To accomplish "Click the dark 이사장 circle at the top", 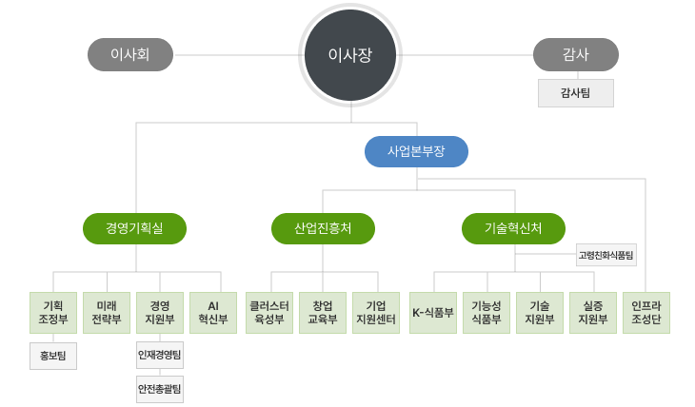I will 349,55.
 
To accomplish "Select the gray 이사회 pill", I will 130,55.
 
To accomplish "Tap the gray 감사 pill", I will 576,55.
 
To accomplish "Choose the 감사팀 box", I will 576,93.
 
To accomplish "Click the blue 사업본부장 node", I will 417,151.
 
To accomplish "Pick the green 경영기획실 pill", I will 134,228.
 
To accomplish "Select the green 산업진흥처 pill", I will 323,228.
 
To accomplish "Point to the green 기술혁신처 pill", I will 513,228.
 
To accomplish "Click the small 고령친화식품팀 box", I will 606,255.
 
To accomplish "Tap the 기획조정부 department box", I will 53,312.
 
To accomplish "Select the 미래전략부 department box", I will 107,312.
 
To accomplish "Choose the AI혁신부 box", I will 213,312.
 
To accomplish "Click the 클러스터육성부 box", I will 268,312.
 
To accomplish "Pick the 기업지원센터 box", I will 376,312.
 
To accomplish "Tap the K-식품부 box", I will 433,312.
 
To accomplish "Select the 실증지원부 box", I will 593,312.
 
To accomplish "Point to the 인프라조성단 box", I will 646,312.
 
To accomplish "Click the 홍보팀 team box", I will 53,356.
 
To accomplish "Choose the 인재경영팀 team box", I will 160,356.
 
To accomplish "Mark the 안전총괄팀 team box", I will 160,389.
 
